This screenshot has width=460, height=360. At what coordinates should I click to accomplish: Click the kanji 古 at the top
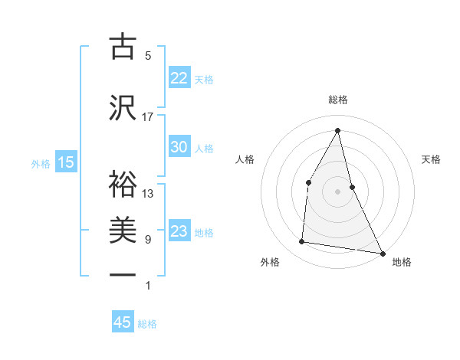click(123, 47)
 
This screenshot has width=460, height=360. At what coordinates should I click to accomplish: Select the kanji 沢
click(123, 108)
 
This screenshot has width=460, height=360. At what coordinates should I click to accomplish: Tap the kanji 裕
click(123, 183)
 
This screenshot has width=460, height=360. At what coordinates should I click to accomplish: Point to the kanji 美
click(123, 231)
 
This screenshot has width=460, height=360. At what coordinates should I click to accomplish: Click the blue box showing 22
click(179, 77)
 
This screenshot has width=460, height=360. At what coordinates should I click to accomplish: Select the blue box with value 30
click(179, 147)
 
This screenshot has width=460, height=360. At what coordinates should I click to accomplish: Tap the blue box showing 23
click(179, 231)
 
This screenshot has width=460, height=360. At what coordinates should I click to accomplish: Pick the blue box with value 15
click(66, 162)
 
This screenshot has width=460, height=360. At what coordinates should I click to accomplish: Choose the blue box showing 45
click(123, 322)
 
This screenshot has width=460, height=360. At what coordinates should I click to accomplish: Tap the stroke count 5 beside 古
click(148, 55)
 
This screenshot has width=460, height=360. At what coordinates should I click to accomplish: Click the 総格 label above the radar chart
click(338, 100)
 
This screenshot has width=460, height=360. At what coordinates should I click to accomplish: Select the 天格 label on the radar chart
click(431, 159)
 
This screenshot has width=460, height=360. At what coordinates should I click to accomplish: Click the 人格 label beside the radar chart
click(245, 159)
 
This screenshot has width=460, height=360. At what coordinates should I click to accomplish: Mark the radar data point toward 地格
click(383, 253)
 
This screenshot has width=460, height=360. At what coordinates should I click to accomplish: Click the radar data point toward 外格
click(302, 242)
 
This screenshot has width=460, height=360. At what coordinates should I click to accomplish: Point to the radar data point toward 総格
click(338, 130)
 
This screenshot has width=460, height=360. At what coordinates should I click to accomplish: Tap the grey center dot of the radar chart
click(338, 191)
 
